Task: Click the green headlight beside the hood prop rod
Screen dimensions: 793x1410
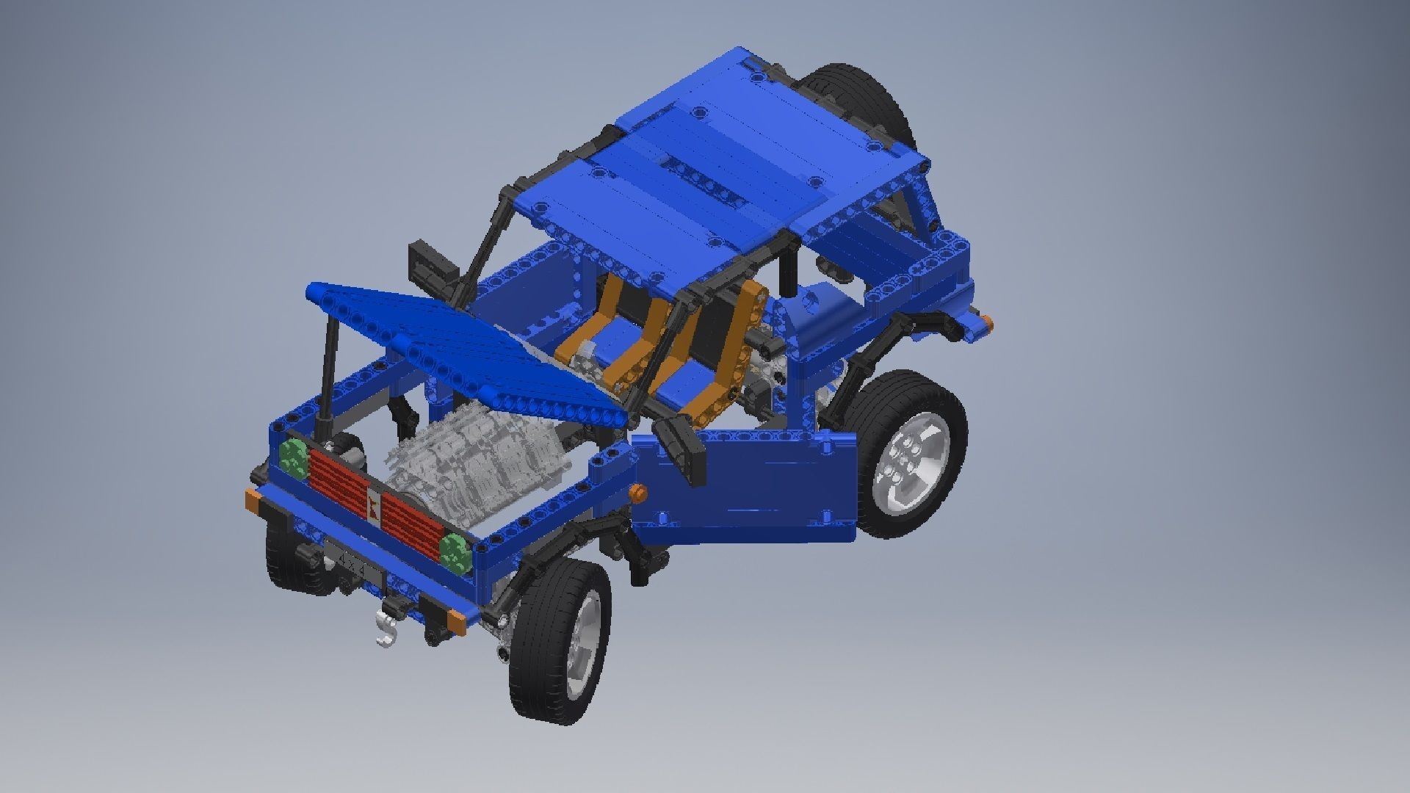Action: (294, 457)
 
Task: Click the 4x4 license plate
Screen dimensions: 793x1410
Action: (353, 562)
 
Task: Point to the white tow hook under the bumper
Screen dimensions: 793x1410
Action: (386, 630)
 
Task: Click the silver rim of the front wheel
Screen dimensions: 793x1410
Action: (580, 637)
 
